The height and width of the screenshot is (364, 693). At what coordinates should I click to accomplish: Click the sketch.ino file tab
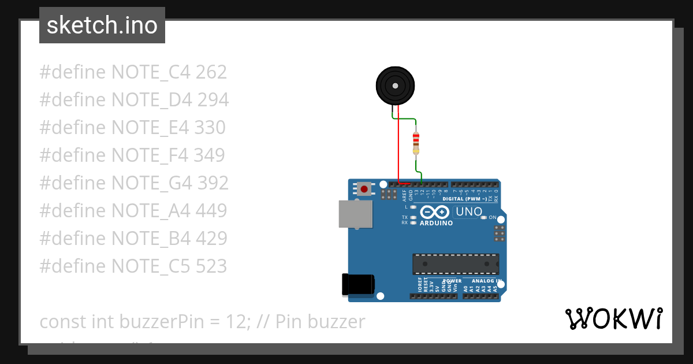[102, 25]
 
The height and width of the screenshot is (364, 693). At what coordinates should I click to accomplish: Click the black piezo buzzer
[395, 86]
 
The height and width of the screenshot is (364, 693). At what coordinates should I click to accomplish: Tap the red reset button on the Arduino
[364, 188]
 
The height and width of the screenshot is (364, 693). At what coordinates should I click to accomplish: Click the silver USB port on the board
[355, 214]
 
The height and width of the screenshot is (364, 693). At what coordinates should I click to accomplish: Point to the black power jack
[358, 284]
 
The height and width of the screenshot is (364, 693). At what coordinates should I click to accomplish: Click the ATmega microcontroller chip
[456, 263]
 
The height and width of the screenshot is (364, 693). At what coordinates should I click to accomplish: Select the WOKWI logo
[613, 318]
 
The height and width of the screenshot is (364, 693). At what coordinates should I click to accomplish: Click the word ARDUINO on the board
[436, 223]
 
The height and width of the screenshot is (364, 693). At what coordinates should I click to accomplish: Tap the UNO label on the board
[469, 211]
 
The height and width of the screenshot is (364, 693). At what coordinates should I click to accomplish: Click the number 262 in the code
[211, 72]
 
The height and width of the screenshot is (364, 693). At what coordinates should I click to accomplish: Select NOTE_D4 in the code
[151, 100]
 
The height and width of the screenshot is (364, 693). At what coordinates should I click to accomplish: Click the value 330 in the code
[210, 128]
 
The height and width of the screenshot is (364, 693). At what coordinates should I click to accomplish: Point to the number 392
[213, 183]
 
